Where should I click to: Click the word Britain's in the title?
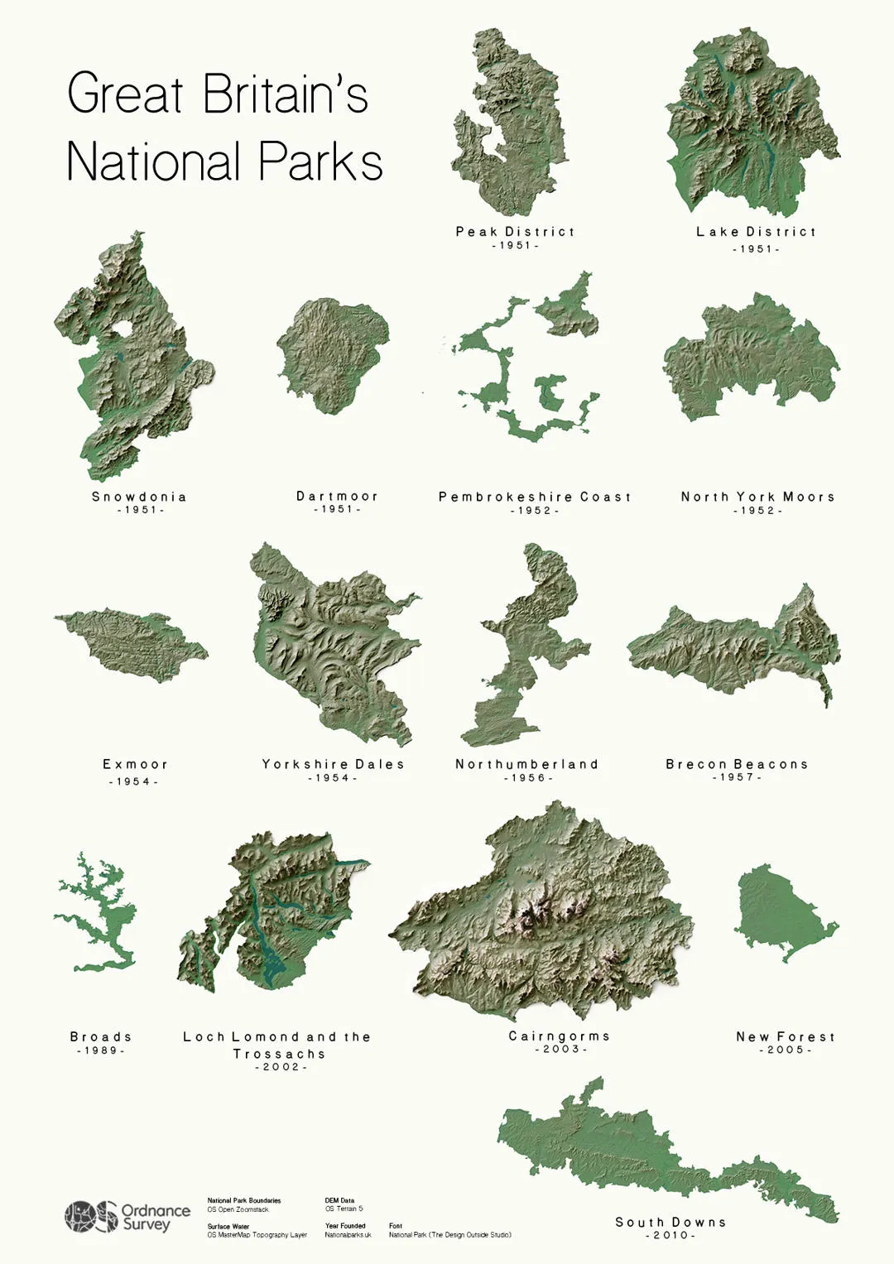click(286, 94)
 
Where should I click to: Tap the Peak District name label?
click(515, 232)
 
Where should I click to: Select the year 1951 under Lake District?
click(756, 248)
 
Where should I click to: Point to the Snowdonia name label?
click(139, 497)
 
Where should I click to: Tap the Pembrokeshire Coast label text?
click(535, 497)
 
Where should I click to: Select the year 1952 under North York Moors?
click(757, 511)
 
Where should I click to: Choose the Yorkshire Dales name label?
click(334, 764)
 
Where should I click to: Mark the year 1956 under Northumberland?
click(527, 778)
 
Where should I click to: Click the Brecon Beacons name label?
click(737, 764)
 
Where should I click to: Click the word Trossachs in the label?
click(279, 1054)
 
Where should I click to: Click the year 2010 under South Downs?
click(670, 1235)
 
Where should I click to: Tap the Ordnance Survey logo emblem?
click(91, 1217)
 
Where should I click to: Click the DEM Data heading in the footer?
click(339, 1200)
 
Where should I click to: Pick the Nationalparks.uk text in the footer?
click(348, 1235)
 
